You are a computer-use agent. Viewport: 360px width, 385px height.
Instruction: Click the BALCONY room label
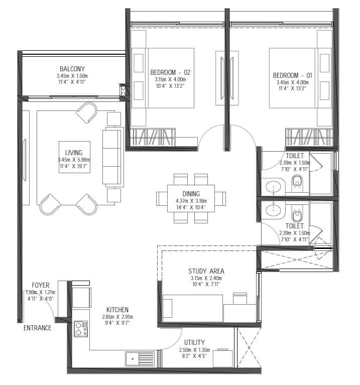click(72, 69)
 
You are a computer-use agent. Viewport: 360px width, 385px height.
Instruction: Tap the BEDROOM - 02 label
click(170, 72)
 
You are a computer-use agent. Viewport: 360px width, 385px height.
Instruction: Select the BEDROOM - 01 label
click(292, 75)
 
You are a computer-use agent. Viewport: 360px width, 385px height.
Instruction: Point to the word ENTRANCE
click(38, 328)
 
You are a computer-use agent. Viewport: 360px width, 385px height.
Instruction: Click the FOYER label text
click(41, 285)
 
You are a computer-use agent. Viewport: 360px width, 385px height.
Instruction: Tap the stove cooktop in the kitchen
click(81, 329)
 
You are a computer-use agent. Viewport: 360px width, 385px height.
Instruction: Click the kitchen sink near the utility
click(140, 359)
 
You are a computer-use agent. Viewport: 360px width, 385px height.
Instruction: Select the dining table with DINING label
click(191, 198)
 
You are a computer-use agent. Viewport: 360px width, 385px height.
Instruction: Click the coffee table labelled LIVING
click(74, 157)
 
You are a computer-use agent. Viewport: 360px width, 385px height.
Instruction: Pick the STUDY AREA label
click(206, 271)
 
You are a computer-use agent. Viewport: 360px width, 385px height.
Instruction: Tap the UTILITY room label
click(194, 342)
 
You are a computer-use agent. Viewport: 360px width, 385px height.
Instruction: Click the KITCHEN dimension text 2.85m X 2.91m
click(117, 317)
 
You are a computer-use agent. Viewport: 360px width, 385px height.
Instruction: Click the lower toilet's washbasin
click(273, 210)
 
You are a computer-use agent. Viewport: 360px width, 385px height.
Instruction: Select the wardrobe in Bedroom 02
click(153, 137)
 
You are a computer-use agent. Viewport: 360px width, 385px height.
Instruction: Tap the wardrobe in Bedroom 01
click(309, 137)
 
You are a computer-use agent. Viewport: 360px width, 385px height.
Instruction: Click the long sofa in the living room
click(112, 157)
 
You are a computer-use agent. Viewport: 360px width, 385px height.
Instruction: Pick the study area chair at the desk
click(240, 299)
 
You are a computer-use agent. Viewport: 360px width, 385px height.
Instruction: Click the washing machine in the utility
click(223, 358)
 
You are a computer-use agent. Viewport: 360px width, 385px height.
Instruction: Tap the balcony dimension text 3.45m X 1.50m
click(72, 76)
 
